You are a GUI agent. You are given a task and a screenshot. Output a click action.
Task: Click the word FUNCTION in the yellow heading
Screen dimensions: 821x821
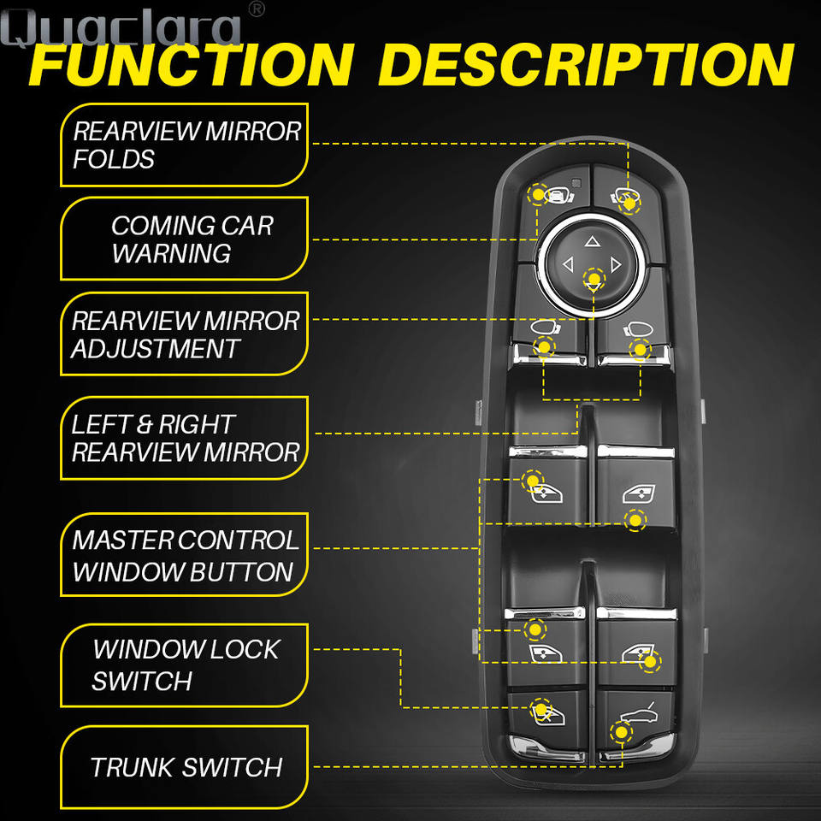point(191,63)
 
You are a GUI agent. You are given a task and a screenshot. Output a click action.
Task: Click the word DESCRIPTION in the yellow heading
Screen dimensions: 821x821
point(586,63)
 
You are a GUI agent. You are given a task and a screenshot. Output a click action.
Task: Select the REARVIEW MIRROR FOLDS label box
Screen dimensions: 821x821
point(183,145)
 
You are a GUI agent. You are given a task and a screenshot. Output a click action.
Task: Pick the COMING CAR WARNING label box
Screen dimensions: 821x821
point(183,239)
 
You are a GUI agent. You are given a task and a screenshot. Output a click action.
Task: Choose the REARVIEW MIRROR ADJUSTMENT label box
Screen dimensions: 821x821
point(183,334)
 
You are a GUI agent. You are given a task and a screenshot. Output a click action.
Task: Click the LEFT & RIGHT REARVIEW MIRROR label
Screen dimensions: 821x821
point(183,437)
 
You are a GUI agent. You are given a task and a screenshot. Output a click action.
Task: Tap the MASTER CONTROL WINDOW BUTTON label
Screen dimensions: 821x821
point(183,555)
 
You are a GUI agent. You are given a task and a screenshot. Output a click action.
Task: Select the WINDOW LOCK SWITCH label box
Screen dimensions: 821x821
point(183,664)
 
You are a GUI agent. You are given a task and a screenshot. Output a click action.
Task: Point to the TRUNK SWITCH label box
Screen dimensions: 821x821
point(183,766)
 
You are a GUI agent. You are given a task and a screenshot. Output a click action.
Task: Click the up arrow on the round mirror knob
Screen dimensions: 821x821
point(593,242)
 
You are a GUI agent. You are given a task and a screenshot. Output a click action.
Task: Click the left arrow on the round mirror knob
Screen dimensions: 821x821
point(567,265)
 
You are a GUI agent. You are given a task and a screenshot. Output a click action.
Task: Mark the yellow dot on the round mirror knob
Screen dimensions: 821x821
point(593,278)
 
